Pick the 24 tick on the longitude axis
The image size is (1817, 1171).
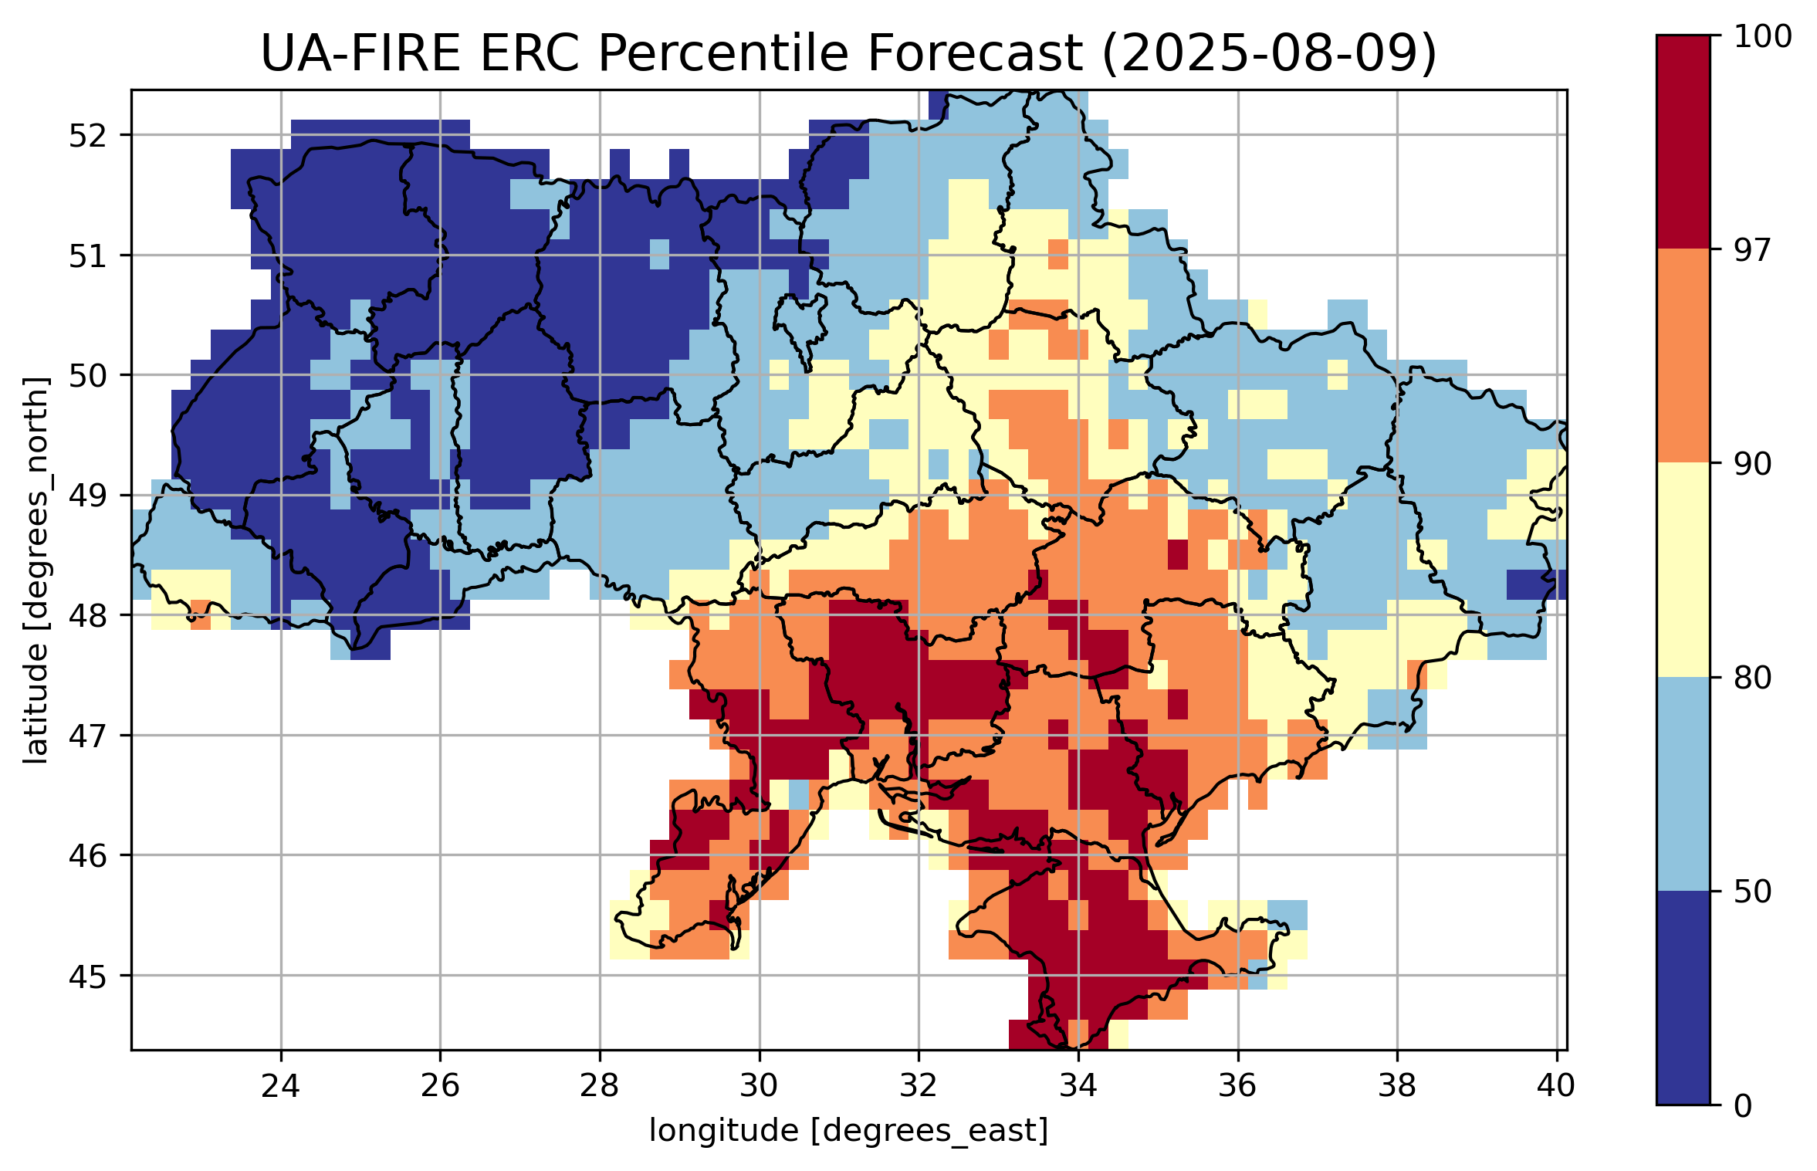(x=280, y=1086)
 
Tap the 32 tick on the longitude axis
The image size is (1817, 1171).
(x=919, y=1086)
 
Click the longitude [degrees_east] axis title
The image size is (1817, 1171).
(x=848, y=1131)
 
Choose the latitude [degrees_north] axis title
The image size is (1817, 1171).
(x=36, y=570)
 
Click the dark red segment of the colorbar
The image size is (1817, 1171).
(x=1683, y=142)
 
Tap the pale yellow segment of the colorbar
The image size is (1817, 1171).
(x=1683, y=570)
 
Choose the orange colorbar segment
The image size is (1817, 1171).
(x=1683, y=355)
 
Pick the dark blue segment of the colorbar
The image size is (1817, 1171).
(x=1683, y=997)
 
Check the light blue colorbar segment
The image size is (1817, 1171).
(x=1683, y=783)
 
